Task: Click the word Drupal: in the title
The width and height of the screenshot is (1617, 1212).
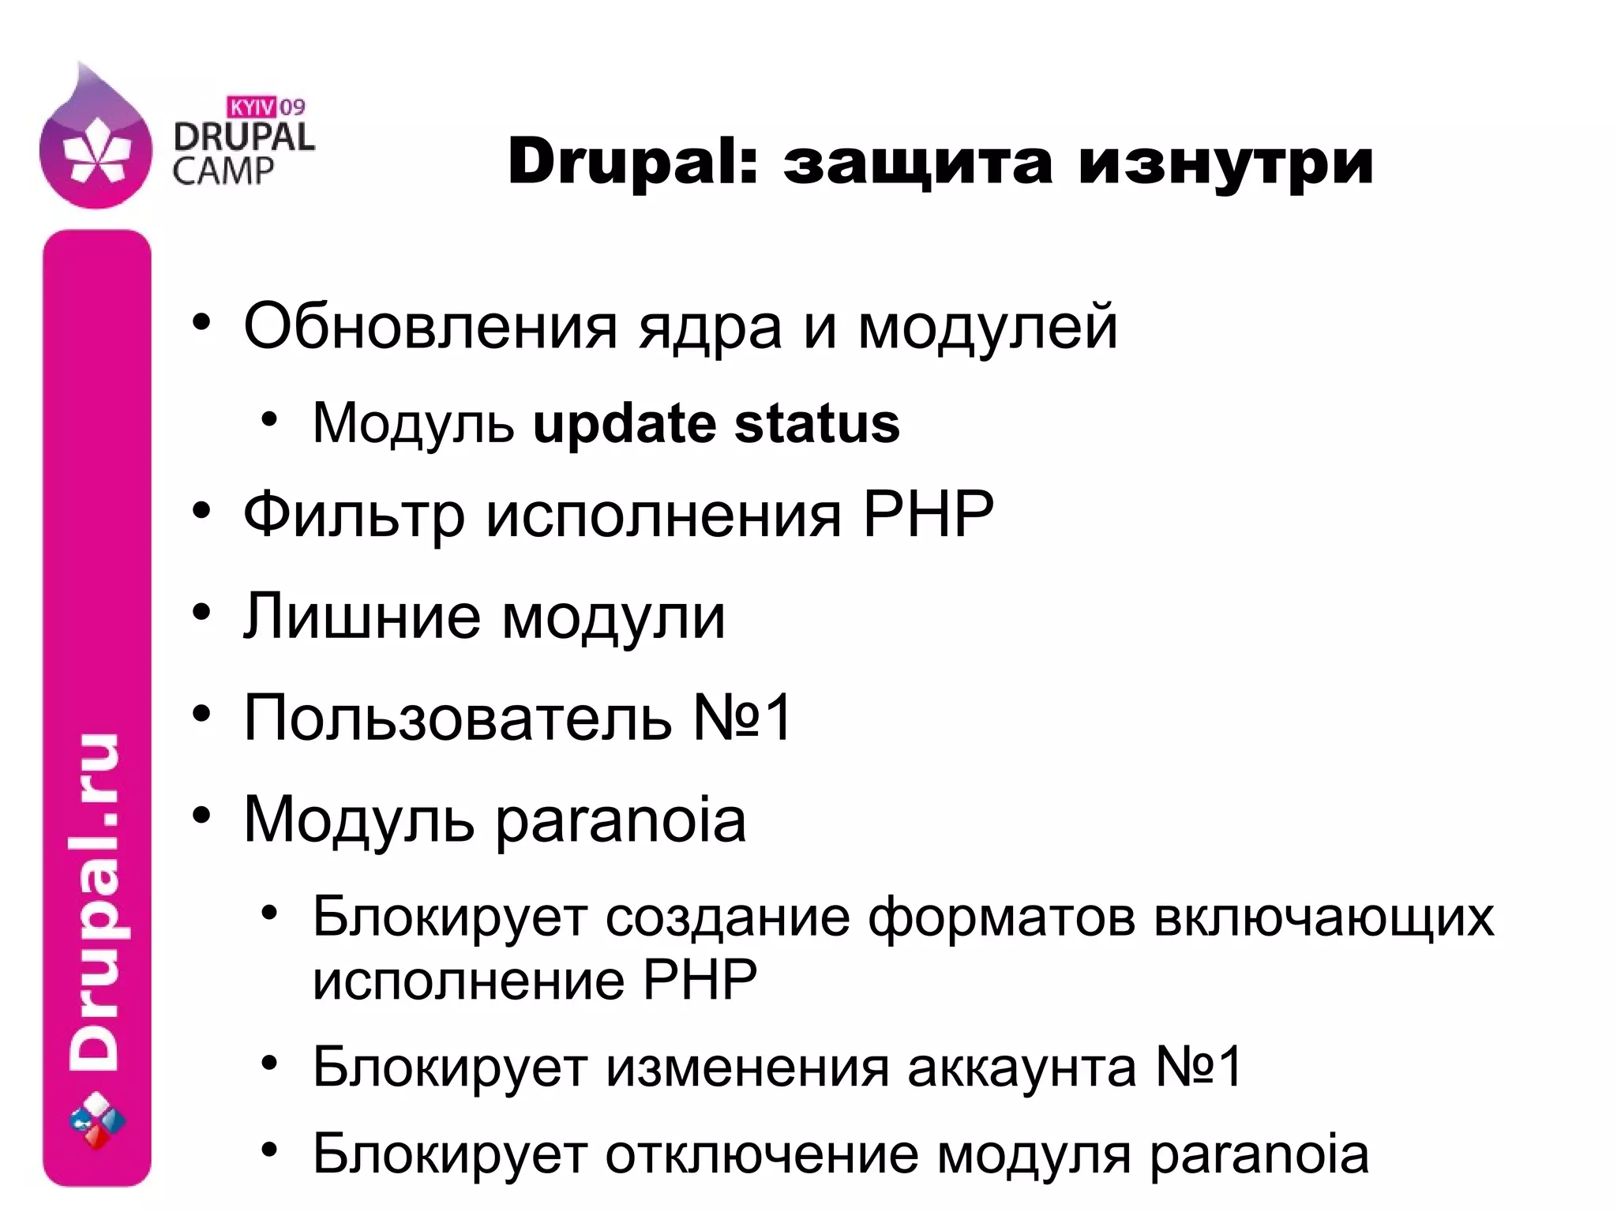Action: pos(631,163)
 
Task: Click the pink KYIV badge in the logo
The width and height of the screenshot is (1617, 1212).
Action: pos(252,106)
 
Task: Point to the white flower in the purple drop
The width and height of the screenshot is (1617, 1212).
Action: pos(95,150)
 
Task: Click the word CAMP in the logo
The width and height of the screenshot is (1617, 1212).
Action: pos(223,171)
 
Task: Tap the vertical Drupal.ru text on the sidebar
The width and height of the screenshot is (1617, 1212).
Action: pos(96,900)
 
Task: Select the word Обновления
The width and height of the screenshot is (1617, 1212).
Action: pos(430,326)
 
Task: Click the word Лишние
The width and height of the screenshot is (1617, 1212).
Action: pos(362,617)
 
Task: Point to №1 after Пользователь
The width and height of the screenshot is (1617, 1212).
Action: pos(742,718)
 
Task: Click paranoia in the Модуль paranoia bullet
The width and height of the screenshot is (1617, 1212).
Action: pos(621,820)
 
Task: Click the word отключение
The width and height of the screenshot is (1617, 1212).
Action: pos(762,1154)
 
